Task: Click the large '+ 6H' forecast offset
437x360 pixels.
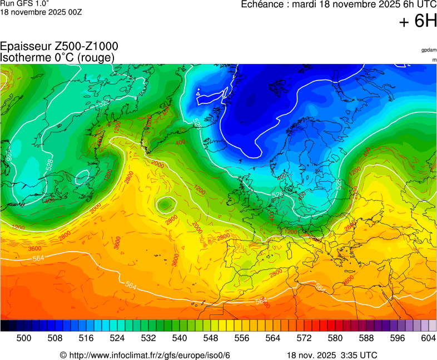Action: [418, 22]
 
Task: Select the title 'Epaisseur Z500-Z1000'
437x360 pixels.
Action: [59, 47]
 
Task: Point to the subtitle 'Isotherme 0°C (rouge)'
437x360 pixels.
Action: [57, 58]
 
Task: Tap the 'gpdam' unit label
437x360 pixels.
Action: [428, 50]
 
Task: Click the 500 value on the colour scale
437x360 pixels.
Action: [24, 338]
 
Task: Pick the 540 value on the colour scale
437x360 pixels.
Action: [180, 338]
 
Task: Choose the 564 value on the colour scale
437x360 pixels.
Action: [273, 338]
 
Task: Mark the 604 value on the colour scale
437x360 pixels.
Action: [429, 338]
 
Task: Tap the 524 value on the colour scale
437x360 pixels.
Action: [117, 338]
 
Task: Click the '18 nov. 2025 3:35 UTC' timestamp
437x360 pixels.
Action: [332, 355]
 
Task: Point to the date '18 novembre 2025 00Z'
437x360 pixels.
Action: [41, 12]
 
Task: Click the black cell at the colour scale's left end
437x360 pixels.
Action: [4, 326]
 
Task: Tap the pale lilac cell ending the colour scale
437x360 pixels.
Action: [433, 326]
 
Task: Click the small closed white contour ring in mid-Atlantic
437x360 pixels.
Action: [165, 205]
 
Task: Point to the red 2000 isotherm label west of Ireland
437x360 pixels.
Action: [157, 164]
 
